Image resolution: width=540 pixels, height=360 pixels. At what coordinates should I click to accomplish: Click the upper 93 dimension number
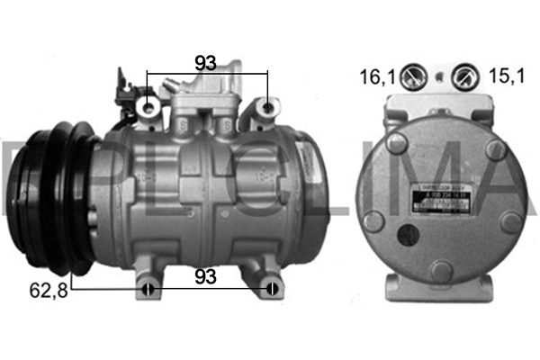coord(207,62)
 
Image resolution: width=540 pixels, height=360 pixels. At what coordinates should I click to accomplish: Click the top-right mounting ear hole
coord(267,109)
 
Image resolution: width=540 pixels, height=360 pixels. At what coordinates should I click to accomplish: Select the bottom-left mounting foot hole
coord(149,289)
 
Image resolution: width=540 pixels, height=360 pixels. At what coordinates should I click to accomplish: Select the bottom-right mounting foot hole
coord(270,289)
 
